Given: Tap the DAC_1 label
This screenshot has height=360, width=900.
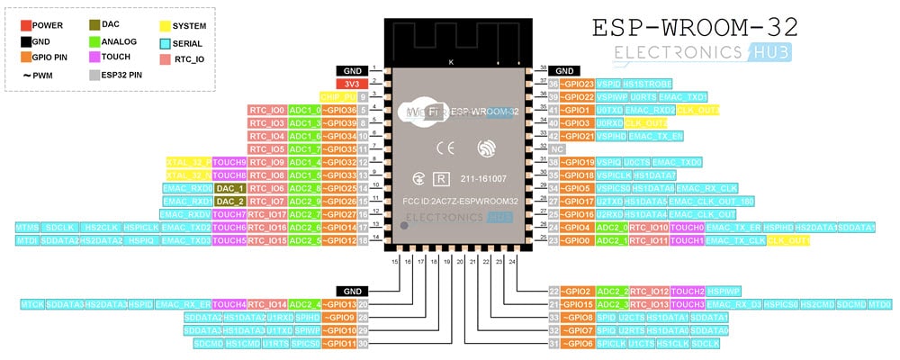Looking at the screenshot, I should (229, 188).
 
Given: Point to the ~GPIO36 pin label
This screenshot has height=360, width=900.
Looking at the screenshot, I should (339, 110).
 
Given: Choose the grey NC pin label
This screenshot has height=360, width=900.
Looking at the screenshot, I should (558, 148).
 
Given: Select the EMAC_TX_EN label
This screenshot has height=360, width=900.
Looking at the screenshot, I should (656, 136).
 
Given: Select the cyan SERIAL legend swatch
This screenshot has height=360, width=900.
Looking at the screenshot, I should (165, 42).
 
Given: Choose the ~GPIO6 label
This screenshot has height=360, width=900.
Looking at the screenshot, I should (569, 344).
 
